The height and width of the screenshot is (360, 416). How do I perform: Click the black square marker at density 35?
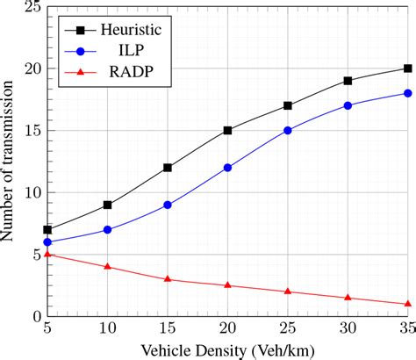click(408, 68)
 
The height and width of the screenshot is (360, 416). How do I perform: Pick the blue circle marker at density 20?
click(228, 167)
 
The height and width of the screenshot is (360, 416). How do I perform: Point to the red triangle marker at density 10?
click(108, 266)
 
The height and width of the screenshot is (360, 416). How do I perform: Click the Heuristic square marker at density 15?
click(168, 167)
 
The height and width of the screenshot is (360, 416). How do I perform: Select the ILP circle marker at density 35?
click(408, 93)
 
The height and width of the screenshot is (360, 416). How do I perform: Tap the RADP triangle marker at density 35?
click(408, 304)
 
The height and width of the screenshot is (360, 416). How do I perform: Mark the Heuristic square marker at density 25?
click(288, 105)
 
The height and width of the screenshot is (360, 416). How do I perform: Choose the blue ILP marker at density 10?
click(108, 229)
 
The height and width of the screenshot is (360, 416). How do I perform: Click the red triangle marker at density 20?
click(228, 285)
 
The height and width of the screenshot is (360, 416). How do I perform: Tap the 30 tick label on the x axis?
click(348, 328)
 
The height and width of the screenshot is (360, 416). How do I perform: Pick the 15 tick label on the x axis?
click(168, 328)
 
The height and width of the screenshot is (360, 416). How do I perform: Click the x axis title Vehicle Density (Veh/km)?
click(227, 349)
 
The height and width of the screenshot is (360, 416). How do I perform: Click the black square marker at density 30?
click(348, 81)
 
